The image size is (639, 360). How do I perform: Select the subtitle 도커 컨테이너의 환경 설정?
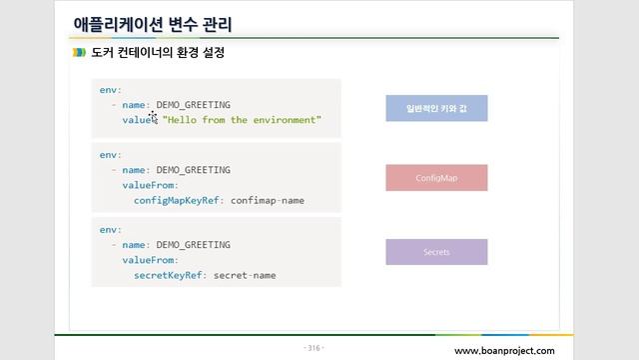tap(157, 52)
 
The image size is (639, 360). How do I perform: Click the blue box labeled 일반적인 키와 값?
tap(436, 108)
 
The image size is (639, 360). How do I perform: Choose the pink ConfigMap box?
tap(436, 178)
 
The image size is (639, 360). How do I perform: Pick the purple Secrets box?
tap(436, 252)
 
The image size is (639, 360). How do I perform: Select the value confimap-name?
tap(267, 200)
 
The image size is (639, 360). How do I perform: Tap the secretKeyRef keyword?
tap(167, 274)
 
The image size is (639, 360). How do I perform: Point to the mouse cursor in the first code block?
tap(153, 116)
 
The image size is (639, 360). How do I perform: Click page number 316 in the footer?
tap(313, 348)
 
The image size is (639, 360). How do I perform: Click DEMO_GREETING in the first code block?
tap(193, 104)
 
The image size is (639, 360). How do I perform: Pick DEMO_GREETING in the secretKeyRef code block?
tap(193, 244)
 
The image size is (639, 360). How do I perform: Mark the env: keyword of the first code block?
tap(110, 89)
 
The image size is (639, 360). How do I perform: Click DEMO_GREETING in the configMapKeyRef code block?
tap(193, 170)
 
